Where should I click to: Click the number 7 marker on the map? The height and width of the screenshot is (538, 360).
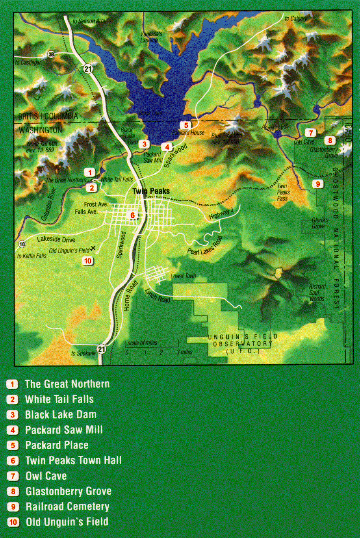coord(311,133)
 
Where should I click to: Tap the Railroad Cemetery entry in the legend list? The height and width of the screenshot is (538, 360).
coord(67,506)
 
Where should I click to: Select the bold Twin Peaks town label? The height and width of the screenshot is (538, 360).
coord(151,191)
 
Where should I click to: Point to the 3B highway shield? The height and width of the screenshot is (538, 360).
coord(51,55)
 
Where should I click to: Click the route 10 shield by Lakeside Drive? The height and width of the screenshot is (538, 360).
coord(22,244)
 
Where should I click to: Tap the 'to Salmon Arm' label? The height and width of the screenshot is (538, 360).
coord(89,21)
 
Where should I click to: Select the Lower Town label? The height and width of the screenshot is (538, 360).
coord(183,276)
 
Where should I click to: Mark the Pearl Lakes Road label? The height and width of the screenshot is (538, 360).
coord(205,245)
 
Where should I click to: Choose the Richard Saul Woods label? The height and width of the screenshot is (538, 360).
coord(317,292)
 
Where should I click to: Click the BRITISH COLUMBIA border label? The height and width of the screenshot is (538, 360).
coord(48,116)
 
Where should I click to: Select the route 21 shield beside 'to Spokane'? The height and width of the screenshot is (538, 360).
coord(102,349)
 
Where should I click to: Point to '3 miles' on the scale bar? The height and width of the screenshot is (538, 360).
coord(184,352)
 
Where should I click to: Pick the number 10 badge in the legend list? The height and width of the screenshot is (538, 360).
coord(13,522)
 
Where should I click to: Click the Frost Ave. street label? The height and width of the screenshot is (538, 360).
coord(96,204)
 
